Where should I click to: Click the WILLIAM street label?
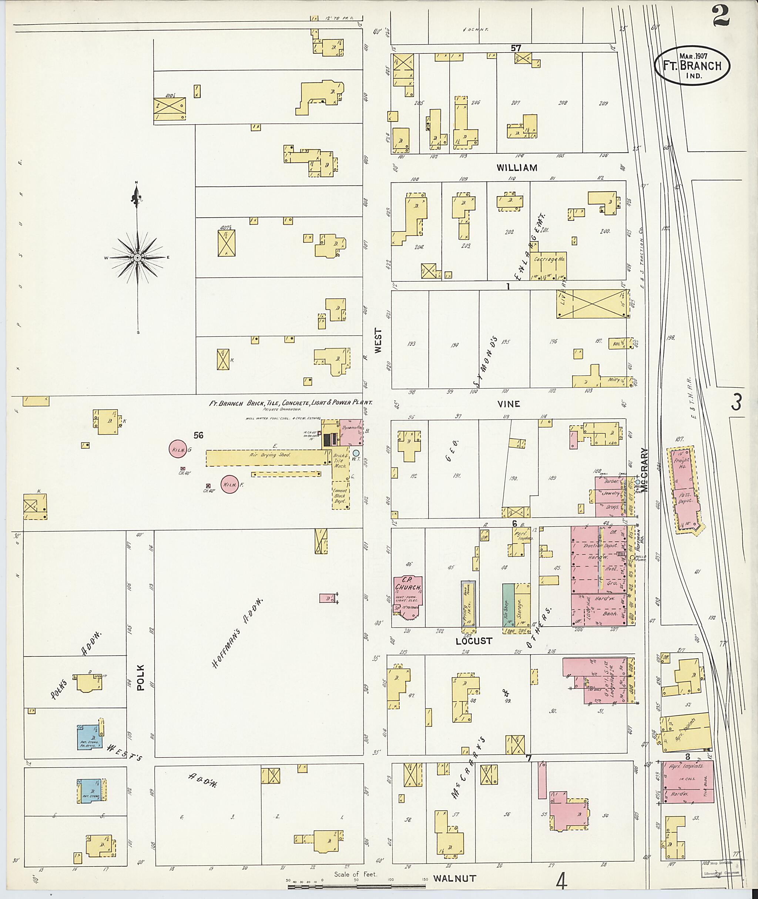[517, 168]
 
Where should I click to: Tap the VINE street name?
[509, 403]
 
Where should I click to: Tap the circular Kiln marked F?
[230, 485]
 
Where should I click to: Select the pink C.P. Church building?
[408, 595]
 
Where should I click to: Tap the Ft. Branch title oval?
[692, 66]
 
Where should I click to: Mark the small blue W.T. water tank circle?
[356, 453]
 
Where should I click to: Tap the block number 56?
[198, 435]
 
